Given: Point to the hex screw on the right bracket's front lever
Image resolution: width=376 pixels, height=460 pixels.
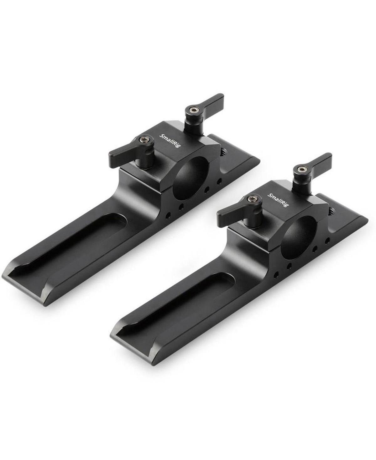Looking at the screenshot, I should click(x=252, y=199).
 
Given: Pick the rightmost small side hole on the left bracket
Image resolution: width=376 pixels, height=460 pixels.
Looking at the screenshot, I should click(x=219, y=181).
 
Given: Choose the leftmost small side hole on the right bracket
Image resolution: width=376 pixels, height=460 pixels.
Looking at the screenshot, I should click(x=276, y=275).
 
